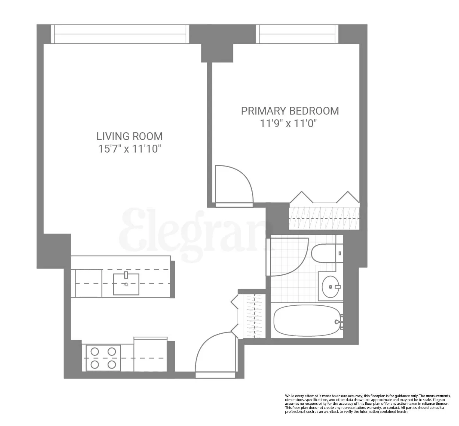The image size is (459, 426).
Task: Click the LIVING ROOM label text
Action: (129, 136)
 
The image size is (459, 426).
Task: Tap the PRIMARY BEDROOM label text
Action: (290, 111)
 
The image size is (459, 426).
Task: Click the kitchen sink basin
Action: (126, 284)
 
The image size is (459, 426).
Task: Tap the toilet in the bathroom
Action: (323, 254)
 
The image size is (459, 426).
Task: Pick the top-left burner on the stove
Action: (95, 352)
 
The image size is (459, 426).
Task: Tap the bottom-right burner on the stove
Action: (112, 365)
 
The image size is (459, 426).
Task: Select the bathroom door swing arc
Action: (288, 257)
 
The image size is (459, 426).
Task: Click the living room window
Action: (120, 34)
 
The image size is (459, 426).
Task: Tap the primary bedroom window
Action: (297, 34)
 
